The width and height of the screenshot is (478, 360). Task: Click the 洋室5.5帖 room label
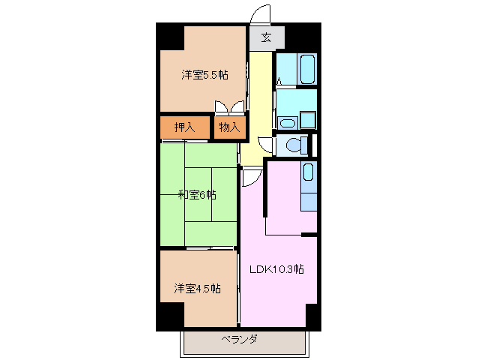pyautogui.click(x=204, y=75)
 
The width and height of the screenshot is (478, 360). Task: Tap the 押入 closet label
pyautogui.click(x=184, y=127)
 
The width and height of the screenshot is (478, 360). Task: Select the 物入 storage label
pyautogui.click(x=229, y=127)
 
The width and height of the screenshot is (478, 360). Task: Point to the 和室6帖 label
pyautogui.click(x=197, y=195)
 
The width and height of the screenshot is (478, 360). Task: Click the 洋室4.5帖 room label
pyautogui.click(x=197, y=288)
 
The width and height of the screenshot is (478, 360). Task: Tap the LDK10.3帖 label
pyautogui.click(x=276, y=268)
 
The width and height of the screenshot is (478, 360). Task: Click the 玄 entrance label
pyautogui.click(x=266, y=37)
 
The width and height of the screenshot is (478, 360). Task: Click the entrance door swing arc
pyautogui.click(x=259, y=15)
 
